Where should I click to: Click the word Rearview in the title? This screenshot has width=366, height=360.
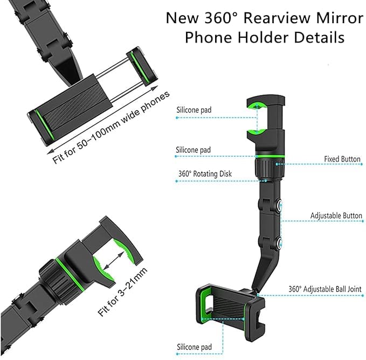276,18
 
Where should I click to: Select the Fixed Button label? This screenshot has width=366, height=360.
342,159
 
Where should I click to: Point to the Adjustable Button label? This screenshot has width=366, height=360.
336,216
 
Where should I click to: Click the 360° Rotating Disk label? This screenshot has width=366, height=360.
205,174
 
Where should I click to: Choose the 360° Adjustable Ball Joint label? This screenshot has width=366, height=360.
325,289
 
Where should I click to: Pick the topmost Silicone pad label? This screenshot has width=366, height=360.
194,110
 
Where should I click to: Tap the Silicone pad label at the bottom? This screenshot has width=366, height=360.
194,347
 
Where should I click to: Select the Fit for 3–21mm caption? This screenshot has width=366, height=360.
122,292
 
